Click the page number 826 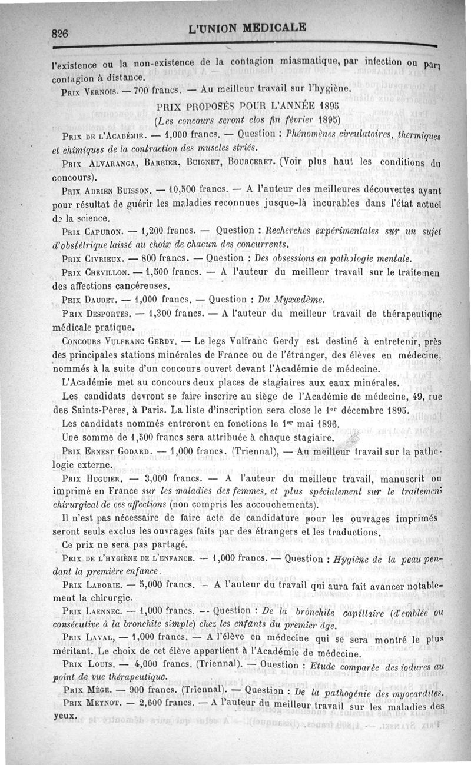[59, 34]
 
